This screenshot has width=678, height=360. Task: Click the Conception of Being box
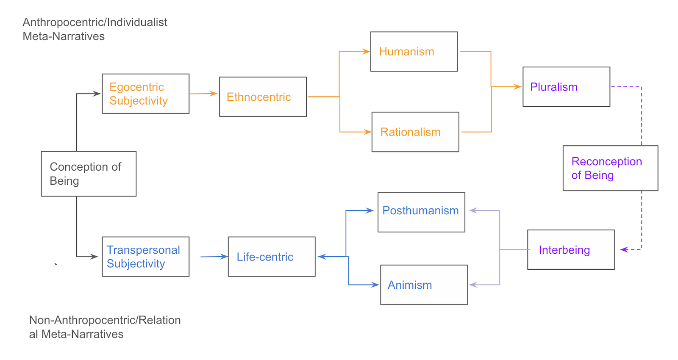click(89, 174)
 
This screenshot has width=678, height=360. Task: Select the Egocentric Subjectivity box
click(145, 94)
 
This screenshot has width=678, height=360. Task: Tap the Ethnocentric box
click(263, 97)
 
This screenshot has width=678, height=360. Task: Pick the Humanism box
click(414, 52)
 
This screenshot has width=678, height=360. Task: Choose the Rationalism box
click(415, 132)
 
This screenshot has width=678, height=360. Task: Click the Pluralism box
click(566, 87)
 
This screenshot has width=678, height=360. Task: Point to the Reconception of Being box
click(610, 168)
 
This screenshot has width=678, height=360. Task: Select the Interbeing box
click(571, 249)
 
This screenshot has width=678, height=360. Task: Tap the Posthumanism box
click(421, 212)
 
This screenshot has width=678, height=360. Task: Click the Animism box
click(424, 285)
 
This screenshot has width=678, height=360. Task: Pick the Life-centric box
click(272, 257)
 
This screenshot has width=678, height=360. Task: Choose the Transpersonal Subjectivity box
click(145, 257)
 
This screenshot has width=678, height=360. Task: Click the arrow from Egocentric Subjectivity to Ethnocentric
click(203, 94)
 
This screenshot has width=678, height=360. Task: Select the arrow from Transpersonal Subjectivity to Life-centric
click(214, 256)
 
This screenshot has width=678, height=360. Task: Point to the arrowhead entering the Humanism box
click(367, 52)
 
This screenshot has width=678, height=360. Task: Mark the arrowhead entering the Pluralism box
click(518, 87)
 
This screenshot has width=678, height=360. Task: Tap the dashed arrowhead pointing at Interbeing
click(624, 249)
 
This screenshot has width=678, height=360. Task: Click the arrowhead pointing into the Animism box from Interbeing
click(473, 285)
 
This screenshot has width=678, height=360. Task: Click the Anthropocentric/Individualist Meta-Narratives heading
click(95, 29)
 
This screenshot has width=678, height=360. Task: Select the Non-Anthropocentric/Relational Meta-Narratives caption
click(105, 327)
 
